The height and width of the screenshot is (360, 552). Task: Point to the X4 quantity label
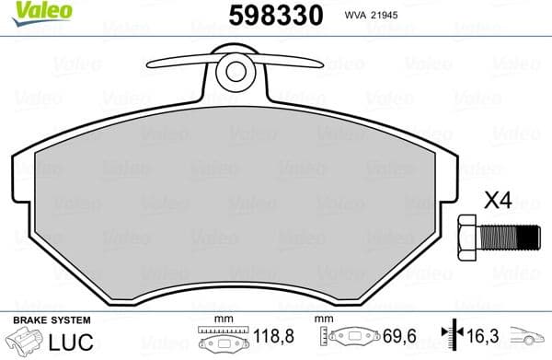click(x=498, y=199)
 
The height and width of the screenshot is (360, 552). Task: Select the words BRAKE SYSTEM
click(x=51, y=319)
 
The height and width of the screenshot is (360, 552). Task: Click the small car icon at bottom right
click(x=528, y=340)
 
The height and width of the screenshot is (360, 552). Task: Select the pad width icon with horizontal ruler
click(x=218, y=340)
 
